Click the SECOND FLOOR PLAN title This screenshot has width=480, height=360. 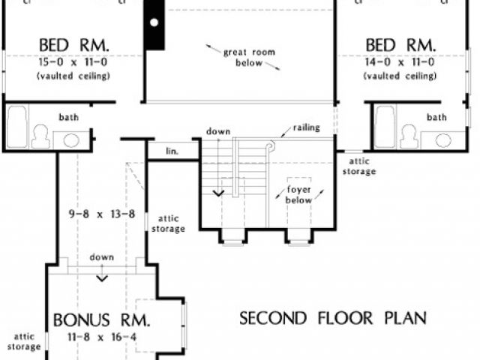point(333,318)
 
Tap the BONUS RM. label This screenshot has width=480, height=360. point(102,320)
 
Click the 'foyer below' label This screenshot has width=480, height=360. point(298,195)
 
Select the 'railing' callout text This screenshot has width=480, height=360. point(307,128)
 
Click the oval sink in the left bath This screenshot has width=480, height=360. point(72,139)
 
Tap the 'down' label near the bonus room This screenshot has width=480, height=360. point(101,257)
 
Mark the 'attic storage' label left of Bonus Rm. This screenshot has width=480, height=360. point(24,342)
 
